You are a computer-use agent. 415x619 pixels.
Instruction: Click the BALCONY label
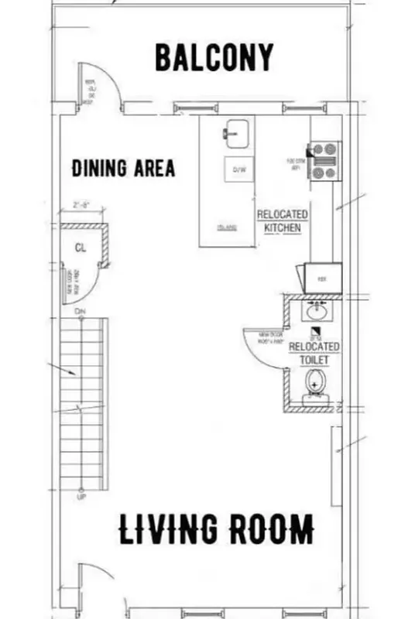(x=214, y=57)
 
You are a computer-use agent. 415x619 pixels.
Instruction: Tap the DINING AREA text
(x=123, y=168)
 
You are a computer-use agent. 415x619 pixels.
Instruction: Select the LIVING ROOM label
(x=216, y=529)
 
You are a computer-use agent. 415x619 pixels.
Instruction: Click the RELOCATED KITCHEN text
(x=282, y=221)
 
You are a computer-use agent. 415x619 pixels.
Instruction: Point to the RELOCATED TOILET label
(x=314, y=354)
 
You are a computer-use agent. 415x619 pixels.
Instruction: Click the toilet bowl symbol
(x=314, y=382)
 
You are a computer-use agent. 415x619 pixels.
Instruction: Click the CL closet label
(x=80, y=248)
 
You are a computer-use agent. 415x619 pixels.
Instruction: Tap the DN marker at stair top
(x=80, y=311)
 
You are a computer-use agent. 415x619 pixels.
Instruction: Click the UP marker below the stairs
(x=81, y=497)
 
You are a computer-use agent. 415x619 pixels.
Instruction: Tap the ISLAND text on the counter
(x=226, y=227)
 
